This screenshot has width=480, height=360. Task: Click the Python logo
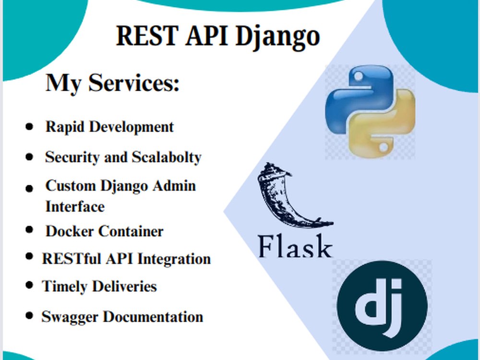click(370, 112)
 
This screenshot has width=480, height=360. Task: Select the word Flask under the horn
click(295, 247)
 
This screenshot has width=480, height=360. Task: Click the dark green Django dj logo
click(382, 305)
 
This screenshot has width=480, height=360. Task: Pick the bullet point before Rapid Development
click(30, 127)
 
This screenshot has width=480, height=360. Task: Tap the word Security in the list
click(72, 157)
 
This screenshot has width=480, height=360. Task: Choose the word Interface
click(75, 206)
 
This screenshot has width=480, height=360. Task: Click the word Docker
click(70, 231)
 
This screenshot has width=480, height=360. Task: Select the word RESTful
click(70, 259)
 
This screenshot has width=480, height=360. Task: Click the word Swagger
click(71, 317)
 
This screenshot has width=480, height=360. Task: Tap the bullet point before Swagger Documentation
click(30, 316)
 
